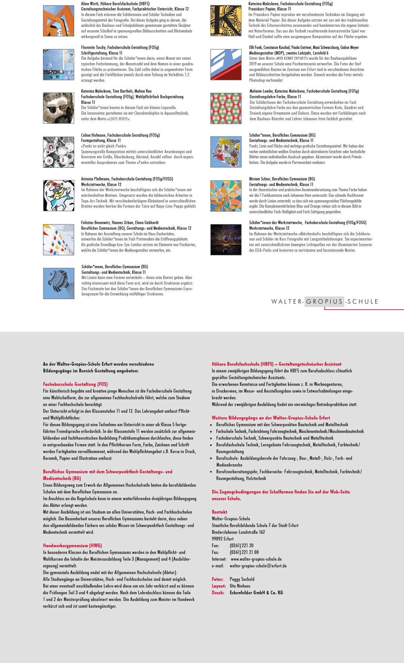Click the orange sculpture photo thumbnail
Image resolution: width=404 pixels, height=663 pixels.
58,21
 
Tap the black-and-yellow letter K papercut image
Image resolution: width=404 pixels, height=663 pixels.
226,21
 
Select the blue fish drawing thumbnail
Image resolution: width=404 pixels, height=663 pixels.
59,283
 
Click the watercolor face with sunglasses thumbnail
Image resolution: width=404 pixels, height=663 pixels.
58,108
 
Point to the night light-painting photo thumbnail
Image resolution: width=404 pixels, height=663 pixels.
226,239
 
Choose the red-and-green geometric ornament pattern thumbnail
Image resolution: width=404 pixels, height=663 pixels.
226,108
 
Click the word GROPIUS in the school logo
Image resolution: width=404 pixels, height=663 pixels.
324,301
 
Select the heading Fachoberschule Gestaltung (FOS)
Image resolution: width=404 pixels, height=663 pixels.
75,384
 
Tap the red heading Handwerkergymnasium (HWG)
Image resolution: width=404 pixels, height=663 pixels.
72,545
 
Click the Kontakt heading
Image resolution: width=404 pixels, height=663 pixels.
219,512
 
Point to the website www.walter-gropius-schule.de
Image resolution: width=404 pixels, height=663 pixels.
256,559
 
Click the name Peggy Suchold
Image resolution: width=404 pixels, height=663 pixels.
242,579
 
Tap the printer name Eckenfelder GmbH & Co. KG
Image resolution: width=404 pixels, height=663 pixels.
256,593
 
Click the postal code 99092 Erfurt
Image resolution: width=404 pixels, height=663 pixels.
223,539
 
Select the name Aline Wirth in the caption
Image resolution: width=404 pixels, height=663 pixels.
90,4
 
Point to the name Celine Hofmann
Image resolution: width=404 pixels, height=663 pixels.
93,135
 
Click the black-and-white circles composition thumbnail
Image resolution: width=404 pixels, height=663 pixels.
58,152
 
